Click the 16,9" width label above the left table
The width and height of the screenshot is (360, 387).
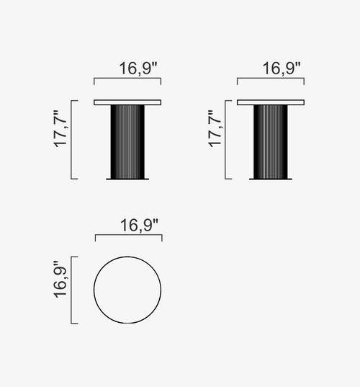(138, 68)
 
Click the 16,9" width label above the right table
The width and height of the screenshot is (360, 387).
(282, 68)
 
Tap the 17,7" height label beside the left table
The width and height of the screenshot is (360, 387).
(60, 129)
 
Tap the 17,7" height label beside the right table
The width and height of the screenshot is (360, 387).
(215, 129)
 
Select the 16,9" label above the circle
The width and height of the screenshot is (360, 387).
(139, 226)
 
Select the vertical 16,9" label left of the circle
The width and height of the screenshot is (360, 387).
(60, 280)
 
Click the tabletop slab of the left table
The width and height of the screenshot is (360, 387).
(127, 102)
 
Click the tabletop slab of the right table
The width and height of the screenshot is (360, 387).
(271, 102)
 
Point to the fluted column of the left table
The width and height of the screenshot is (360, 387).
(127, 142)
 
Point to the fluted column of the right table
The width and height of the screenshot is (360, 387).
(271, 142)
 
